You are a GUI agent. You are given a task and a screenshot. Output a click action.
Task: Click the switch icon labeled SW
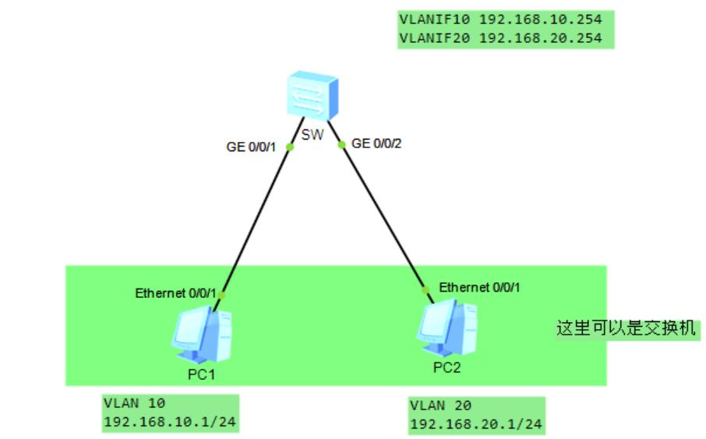tap(311, 96)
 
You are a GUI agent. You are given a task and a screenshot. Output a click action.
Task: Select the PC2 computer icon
tap(447, 329)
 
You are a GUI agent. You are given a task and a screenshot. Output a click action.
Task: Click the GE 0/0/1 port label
tap(250, 146)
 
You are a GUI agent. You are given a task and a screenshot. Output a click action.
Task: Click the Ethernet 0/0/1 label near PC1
tap(175, 293)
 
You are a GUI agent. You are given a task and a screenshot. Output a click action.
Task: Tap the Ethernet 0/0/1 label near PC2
tap(479, 287)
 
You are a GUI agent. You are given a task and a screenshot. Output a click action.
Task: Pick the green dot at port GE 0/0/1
tap(288, 146)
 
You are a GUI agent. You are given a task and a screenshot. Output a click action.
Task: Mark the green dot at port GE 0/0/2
tap(341, 144)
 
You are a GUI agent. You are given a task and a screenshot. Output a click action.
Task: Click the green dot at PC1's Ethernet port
tap(221, 295)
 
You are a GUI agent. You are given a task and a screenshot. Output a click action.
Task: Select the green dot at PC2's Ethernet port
tap(425, 290)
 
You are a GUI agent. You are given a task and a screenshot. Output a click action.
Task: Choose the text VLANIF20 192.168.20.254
tap(505, 37)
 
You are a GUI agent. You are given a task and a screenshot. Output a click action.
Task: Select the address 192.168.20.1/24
tap(475, 425)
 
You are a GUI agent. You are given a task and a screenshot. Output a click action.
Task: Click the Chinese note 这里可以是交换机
tap(625, 328)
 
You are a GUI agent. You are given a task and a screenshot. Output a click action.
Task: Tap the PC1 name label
tap(201, 374)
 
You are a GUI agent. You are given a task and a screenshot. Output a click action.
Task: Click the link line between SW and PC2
tap(382, 214)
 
